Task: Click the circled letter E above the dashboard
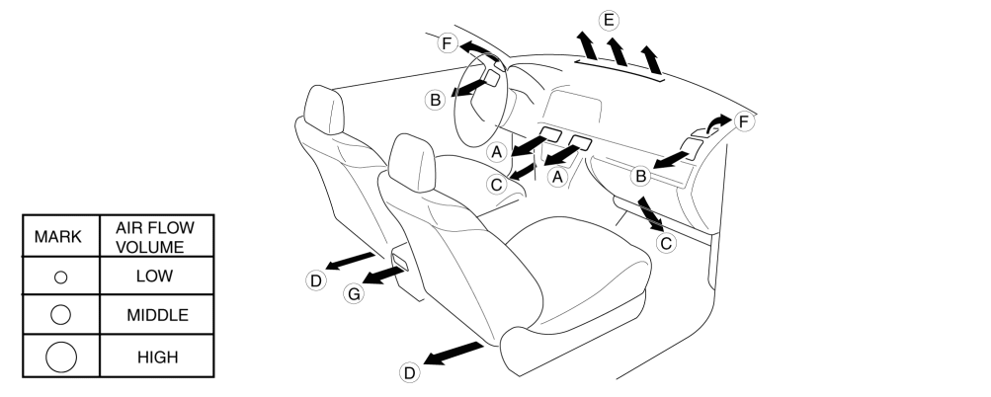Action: (x=609, y=19)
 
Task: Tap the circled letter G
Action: (x=353, y=293)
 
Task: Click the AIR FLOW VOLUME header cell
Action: (x=155, y=237)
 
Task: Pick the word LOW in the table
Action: (x=155, y=277)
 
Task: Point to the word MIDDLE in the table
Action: (x=155, y=315)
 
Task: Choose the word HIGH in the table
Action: (x=155, y=356)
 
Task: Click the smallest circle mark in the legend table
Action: (x=60, y=278)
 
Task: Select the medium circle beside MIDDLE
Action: (x=60, y=315)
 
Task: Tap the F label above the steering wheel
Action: (x=447, y=42)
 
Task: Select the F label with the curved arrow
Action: (x=744, y=121)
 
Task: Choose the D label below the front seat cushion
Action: (x=409, y=371)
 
